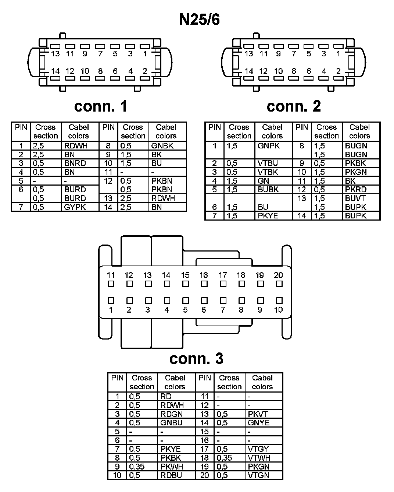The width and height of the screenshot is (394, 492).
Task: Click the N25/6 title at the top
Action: [199, 20]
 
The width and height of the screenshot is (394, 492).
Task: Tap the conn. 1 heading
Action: [101, 106]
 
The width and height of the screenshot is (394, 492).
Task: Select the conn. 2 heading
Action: [294, 106]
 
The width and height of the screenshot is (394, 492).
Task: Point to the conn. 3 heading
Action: [196, 358]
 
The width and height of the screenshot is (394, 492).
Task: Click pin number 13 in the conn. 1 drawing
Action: [55, 54]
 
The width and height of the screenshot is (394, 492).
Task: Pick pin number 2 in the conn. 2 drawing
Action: [338, 71]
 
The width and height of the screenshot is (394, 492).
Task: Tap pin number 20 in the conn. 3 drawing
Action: [279, 275]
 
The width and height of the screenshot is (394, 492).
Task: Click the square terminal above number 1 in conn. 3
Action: [111, 301]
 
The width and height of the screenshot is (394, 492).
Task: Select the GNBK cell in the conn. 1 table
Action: [162, 146]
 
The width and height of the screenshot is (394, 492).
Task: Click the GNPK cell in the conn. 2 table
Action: [268, 146]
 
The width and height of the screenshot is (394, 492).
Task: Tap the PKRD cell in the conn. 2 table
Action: [355, 190]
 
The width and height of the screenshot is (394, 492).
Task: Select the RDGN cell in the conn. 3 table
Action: [171, 414]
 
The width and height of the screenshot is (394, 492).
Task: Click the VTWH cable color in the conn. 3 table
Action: [259, 458]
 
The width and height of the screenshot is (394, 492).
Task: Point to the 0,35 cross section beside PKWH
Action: [137, 467]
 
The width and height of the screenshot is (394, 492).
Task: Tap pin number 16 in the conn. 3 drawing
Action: [204, 275]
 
